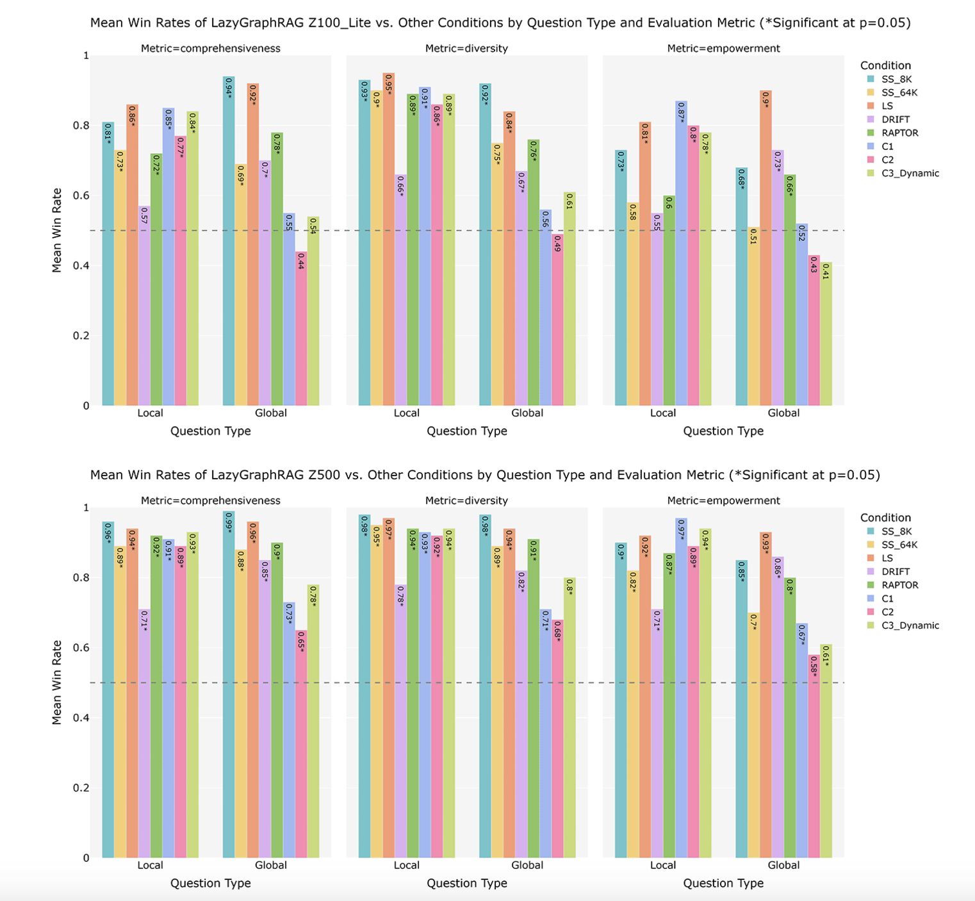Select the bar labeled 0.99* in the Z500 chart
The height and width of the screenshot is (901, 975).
(x=229, y=684)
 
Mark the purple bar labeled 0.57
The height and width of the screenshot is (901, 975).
(x=144, y=306)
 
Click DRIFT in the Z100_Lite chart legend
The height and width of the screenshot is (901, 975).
(x=895, y=119)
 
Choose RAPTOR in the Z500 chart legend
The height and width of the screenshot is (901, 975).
(x=899, y=585)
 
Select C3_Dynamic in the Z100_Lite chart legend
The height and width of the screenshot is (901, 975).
(x=910, y=173)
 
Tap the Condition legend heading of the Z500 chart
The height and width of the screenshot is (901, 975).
(x=885, y=518)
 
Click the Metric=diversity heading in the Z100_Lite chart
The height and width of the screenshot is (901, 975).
(x=466, y=49)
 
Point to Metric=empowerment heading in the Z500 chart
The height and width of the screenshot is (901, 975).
(x=723, y=500)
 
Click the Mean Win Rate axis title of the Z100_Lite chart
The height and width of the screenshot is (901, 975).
(x=57, y=230)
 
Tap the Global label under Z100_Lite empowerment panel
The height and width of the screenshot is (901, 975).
(x=783, y=413)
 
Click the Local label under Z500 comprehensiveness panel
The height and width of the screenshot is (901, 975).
(x=150, y=865)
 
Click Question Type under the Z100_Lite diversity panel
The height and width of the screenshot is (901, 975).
(x=466, y=431)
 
